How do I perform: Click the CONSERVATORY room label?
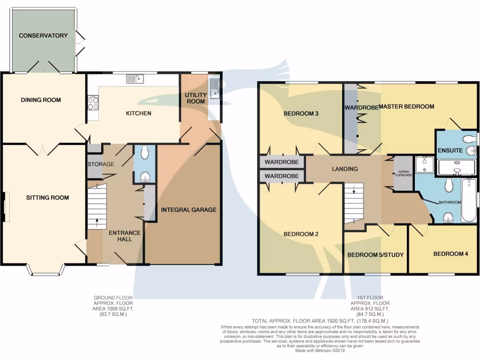point(43,36)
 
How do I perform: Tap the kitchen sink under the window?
point(135,79)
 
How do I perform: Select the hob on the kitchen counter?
point(92,103)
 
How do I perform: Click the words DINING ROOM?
point(41,100)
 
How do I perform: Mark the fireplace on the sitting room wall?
point(5,207)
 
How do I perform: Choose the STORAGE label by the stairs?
point(101,165)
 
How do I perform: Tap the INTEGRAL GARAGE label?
point(189,210)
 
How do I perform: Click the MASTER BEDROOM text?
point(406,107)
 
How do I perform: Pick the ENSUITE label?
point(450,150)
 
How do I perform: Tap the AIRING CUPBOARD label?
point(403,173)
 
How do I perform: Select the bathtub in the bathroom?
point(469,201)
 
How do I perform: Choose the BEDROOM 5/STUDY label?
point(375,255)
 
